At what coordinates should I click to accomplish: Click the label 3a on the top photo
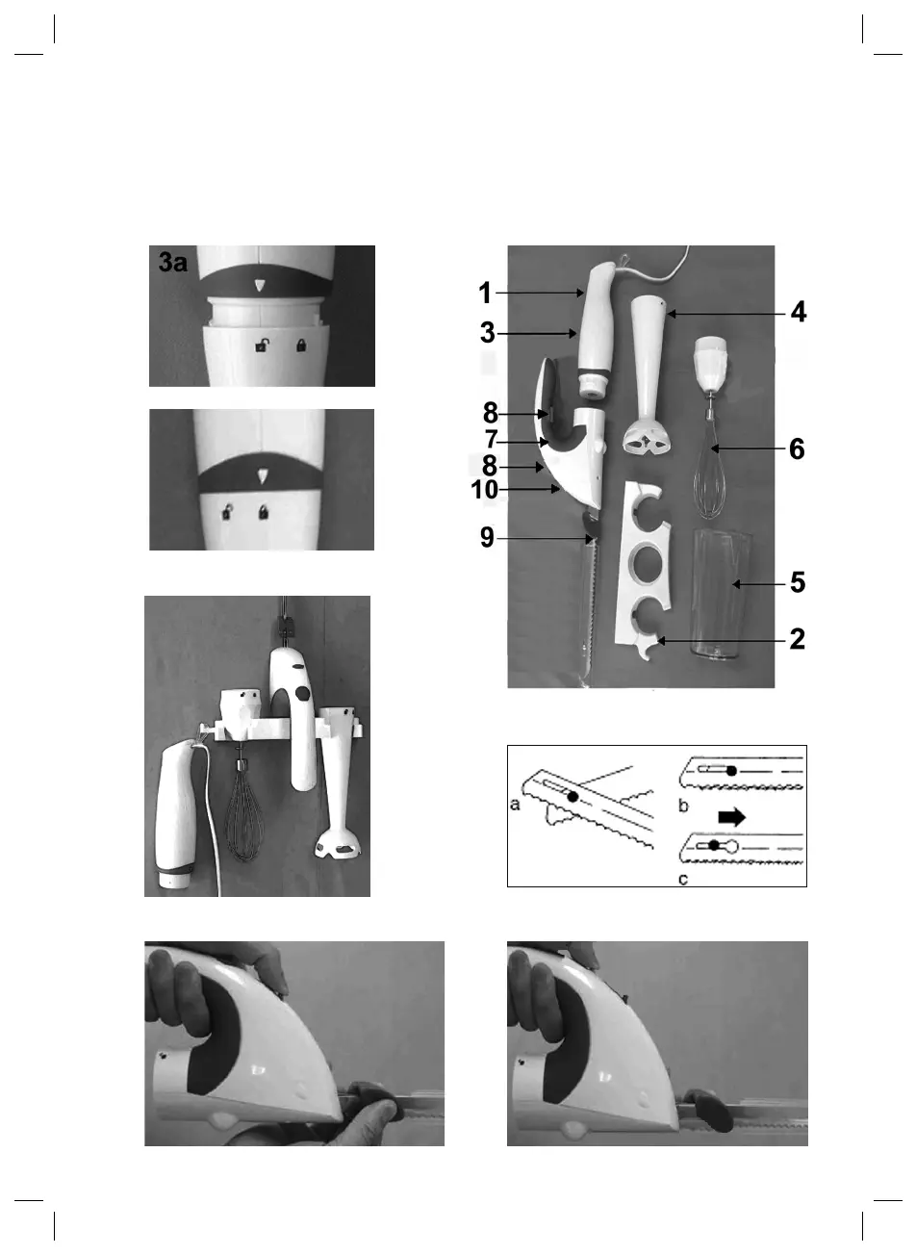(x=174, y=263)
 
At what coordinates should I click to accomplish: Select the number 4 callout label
(x=799, y=313)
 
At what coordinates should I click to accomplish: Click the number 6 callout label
(x=797, y=449)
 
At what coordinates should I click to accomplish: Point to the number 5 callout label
(x=797, y=582)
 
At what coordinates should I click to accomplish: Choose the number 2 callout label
(x=797, y=640)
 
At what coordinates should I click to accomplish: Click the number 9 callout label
(x=488, y=539)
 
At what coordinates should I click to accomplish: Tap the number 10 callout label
(x=485, y=490)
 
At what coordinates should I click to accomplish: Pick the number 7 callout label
(x=490, y=440)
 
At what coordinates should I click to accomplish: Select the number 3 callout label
(x=488, y=334)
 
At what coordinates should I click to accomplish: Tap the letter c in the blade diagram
(x=682, y=878)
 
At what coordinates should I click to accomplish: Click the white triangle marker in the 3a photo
(x=258, y=286)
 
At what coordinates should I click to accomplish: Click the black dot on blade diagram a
(x=572, y=797)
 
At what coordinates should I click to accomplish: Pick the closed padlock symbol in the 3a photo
(x=302, y=345)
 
